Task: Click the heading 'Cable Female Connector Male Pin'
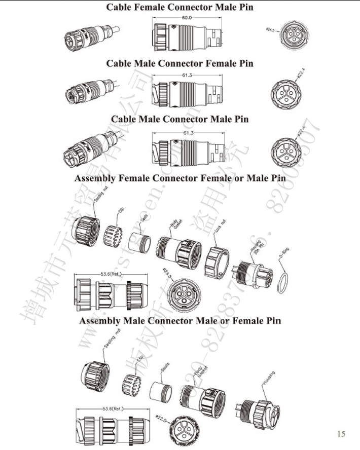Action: tap(179, 7)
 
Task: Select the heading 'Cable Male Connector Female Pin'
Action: tap(179, 63)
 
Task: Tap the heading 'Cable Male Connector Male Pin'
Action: tap(180, 119)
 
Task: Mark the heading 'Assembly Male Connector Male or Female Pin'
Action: tap(180, 321)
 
